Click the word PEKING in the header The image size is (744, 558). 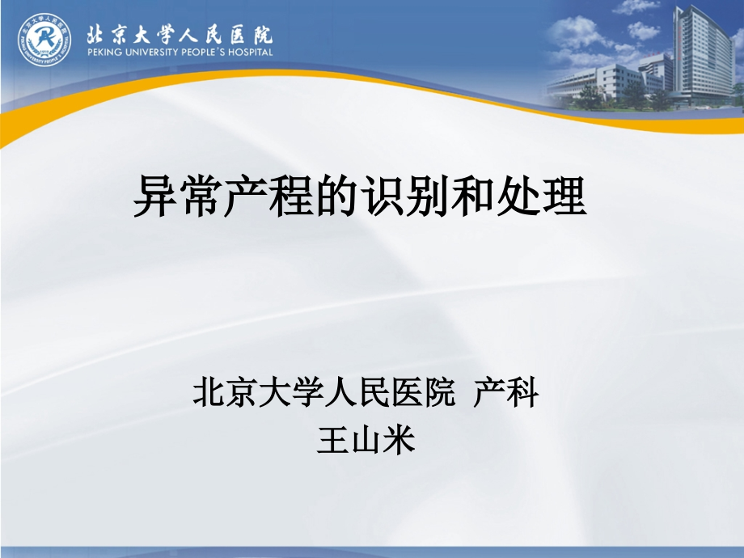pos(104,52)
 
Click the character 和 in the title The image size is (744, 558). pos(473,197)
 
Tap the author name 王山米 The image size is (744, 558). pos(366,441)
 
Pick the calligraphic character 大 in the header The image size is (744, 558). pos(151,33)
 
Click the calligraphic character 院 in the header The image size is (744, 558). pos(261,33)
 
